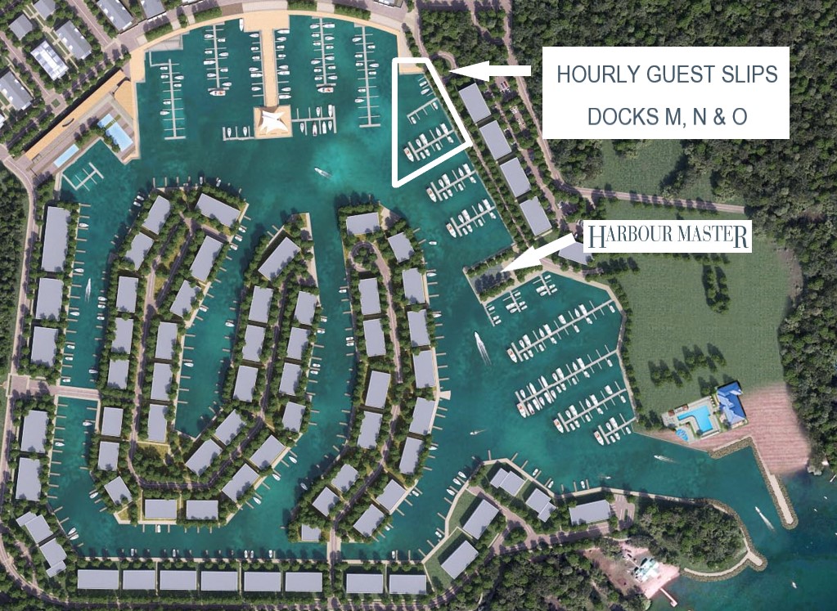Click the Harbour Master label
[667, 237]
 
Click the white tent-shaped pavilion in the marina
[273, 121]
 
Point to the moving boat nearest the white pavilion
[322, 172]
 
